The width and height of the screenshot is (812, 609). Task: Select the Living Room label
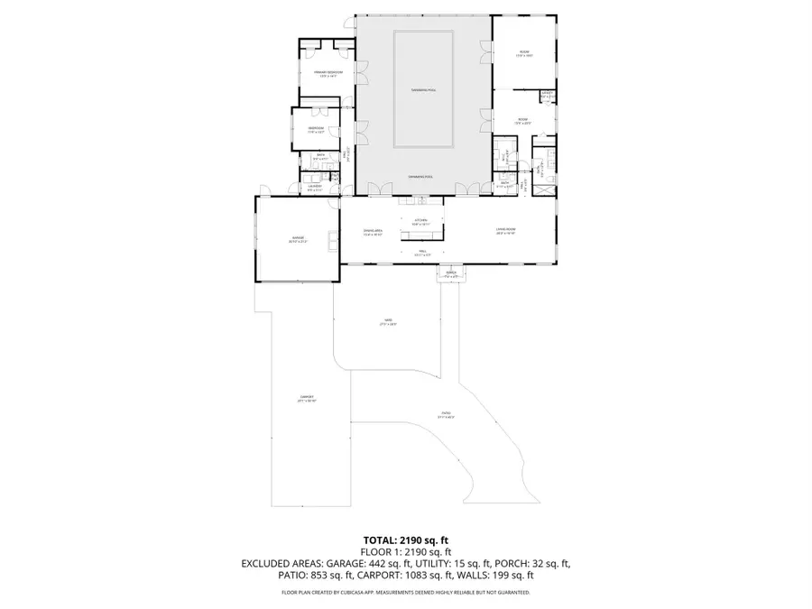click(504, 230)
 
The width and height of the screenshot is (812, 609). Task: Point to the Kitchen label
click(420, 220)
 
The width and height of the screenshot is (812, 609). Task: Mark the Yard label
click(388, 322)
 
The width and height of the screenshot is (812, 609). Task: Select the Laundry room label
click(315, 188)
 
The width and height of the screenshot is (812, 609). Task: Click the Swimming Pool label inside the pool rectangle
click(423, 90)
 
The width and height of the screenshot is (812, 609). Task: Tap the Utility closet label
click(547, 94)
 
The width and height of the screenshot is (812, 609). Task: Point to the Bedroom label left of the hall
click(315, 129)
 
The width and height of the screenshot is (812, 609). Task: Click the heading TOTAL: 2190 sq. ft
click(405, 539)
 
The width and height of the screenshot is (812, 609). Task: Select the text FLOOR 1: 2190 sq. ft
click(405, 551)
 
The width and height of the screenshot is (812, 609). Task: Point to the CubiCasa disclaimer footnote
click(405, 593)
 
